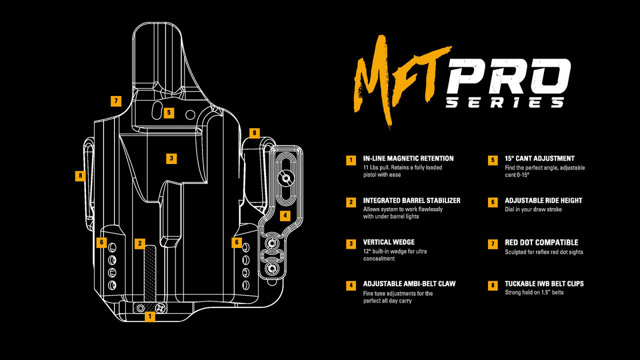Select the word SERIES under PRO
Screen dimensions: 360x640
tap(505, 102)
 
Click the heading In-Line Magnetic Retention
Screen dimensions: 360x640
tap(408, 158)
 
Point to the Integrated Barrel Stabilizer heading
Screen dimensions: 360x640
tap(411, 200)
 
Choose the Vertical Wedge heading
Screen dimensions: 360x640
tap(388, 242)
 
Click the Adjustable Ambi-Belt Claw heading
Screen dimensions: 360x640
tap(409, 284)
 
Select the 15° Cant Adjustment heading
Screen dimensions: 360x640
tap(539, 158)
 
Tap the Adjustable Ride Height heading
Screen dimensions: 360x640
tap(543, 200)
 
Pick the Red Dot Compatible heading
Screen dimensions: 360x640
tap(541, 242)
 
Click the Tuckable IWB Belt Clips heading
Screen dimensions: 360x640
tap(544, 284)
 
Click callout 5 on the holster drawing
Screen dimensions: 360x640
tap(169, 113)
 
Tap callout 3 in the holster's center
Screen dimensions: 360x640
tap(171, 158)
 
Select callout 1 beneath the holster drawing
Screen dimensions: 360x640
tap(149, 316)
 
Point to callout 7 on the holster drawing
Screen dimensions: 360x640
tap(116, 101)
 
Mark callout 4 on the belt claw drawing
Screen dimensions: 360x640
tap(284, 216)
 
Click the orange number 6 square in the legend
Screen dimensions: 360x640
tap(493, 202)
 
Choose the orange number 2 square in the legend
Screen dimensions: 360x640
tap(351, 202)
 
